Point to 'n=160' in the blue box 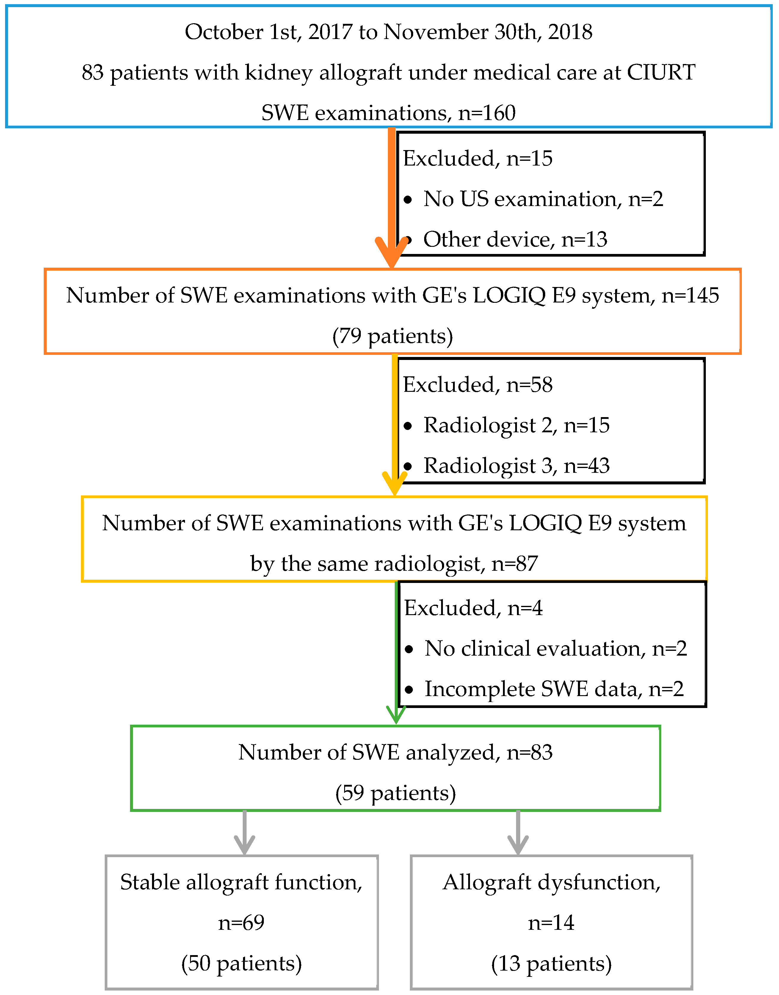tap(487, 113)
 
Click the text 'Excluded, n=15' tap(477, 158)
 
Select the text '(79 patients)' tap(392, 336)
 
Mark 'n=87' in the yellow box tap(515, 564)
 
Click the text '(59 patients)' tap(395, 793)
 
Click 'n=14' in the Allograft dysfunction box tap(551, 922)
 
